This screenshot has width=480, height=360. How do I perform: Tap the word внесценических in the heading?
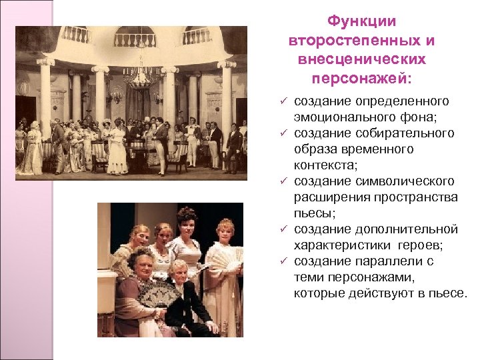point(363,59)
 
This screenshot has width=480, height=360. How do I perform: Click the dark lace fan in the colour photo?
point(157,293)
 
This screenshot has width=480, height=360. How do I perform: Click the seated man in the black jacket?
point(184,300)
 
